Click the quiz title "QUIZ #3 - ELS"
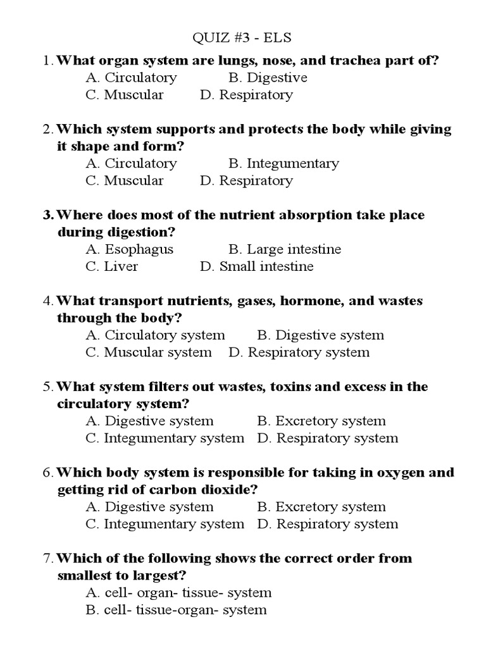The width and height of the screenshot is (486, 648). pos(242,38)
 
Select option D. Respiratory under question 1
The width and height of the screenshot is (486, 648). pos(246,95)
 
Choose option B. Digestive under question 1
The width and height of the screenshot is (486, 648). pos(268,78)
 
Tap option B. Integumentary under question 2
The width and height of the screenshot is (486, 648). pos(283,163)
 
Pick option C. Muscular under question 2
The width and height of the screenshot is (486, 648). pos(125,180)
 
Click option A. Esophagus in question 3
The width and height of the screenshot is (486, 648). pos(129,249)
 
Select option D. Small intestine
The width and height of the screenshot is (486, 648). pos(256,266)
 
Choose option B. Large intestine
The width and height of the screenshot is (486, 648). pos(285,249)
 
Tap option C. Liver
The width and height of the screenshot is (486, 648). pos(112,266)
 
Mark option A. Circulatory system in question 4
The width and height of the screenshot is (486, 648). pos(155,335)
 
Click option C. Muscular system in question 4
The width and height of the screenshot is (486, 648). pos(149,352)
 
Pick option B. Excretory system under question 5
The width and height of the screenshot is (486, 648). pos(321,421)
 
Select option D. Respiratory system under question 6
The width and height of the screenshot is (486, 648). pos(328,524)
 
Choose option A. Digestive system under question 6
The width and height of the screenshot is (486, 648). pos(150,507)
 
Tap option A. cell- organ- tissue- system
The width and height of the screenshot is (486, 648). pos(178,593)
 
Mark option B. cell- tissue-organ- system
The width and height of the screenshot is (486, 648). pos(176,610)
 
